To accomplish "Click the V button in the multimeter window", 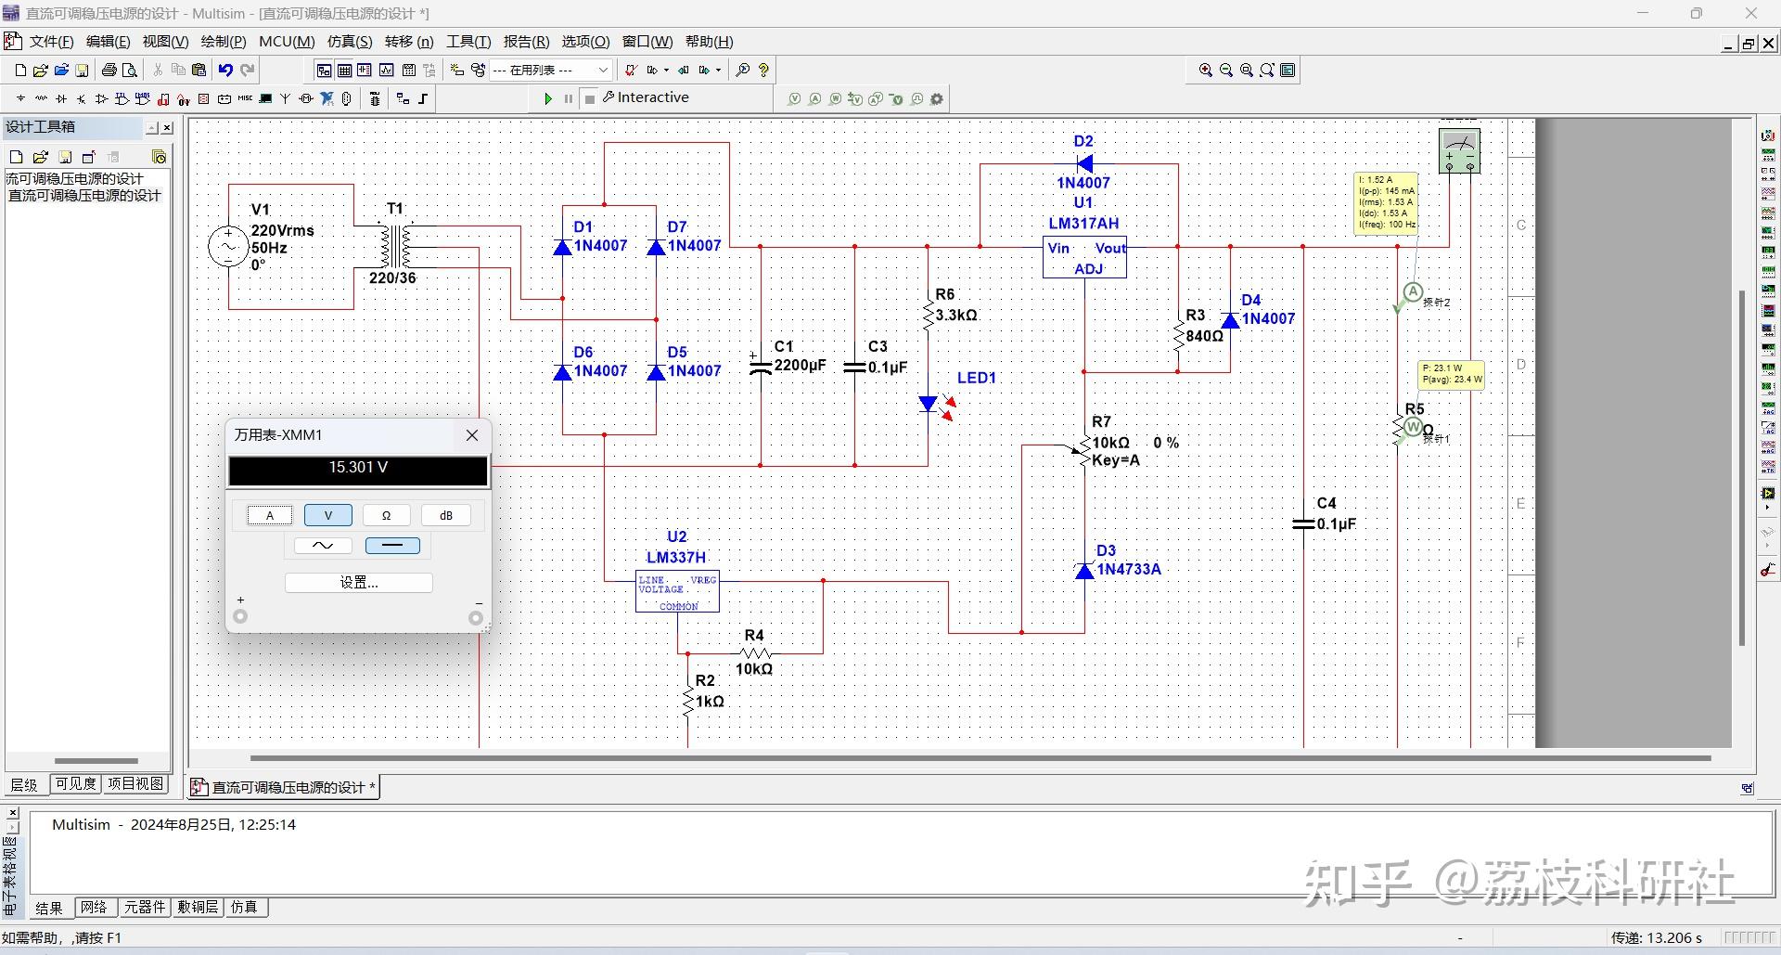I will [327, 515].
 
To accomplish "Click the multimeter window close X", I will [472, 435].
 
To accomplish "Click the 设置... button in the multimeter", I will [358, 583].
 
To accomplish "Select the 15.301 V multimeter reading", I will [358, 469].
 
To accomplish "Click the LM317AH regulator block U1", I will [1084, 258].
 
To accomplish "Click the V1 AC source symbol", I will [228, 247].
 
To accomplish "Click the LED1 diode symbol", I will [929, 404].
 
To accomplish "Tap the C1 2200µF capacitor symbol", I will [761, 365].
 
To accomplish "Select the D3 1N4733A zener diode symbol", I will [1084, 571].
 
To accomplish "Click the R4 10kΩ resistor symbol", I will [755, 653].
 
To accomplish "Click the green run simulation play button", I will [548, 98].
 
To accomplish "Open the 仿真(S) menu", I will [349, 42].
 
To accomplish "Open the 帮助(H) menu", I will [709, 42].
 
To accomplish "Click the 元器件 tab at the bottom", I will [145, 907].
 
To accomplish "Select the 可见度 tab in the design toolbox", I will [75, 783].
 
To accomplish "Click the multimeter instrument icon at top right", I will [1459, 151].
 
